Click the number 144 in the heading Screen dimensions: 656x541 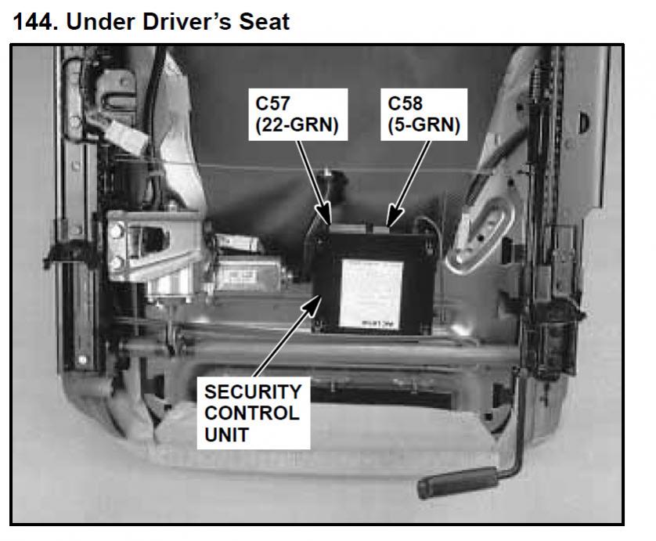tap(34, 22)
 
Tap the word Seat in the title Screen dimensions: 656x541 tap(264, 22)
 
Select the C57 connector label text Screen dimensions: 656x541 tap(272, 103)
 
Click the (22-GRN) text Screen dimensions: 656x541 tap(297, 124)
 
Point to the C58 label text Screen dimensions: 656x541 tap(405, 103)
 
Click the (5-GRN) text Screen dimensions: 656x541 tap(424, 124)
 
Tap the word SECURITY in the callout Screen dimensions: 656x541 tap(253, 392)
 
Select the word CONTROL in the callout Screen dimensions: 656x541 tap(252, 413)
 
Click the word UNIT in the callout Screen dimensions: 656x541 tap(227, 435)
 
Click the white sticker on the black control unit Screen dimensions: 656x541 tap(370, 294)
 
